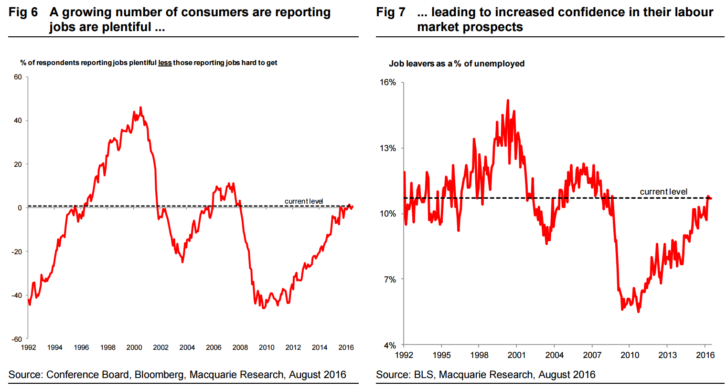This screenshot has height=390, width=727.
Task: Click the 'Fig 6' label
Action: (x=23, y=12)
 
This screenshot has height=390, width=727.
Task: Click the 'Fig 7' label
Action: (x=391, y=12)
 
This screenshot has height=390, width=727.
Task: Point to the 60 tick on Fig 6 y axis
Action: (x=18, y=77)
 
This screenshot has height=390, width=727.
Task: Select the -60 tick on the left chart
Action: (x=17, y=339)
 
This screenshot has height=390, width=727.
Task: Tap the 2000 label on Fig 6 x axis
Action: (x=134, y=347)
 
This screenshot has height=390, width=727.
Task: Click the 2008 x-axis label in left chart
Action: (x=240, y=347)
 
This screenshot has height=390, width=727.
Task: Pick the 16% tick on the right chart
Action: (x=388, y=82)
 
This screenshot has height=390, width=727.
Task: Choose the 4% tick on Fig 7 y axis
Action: (x=389, y=345)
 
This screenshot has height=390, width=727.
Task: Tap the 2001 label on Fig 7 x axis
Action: (x=516, y=355)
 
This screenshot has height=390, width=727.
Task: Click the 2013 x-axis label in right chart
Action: (x=667, y=355)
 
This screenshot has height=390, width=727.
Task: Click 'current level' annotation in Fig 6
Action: (x=304, y=201)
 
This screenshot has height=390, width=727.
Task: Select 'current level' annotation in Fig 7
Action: (x=663, y=192)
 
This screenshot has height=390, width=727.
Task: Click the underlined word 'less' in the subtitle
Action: (x=165, y=63)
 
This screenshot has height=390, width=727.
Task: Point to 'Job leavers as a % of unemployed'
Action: (x=457, y=64)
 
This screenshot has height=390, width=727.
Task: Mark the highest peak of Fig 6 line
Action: (x=140, y=107)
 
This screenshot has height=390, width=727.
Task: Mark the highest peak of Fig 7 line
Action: (x=508, y=100)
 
